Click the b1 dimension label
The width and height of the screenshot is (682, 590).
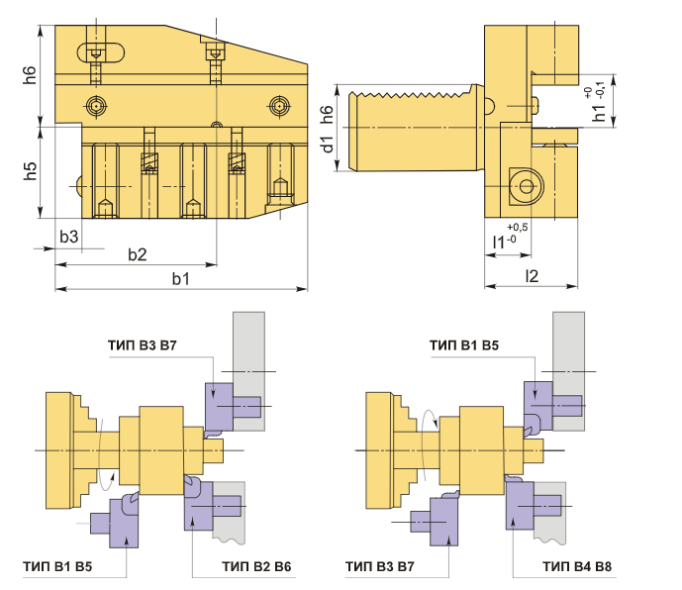(x=180, y=278)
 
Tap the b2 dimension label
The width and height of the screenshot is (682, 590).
(x=137, y=254)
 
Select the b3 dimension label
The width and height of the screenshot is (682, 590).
(x=68, y=237)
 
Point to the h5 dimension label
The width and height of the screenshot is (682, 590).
(x=30, y=171)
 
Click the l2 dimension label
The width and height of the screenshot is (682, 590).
(x=532, y=276)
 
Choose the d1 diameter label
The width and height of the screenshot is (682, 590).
(x=327, y=145)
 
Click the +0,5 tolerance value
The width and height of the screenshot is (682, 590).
(x=517, y=227)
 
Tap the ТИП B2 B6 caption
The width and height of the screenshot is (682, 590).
(x=256, y=566)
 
